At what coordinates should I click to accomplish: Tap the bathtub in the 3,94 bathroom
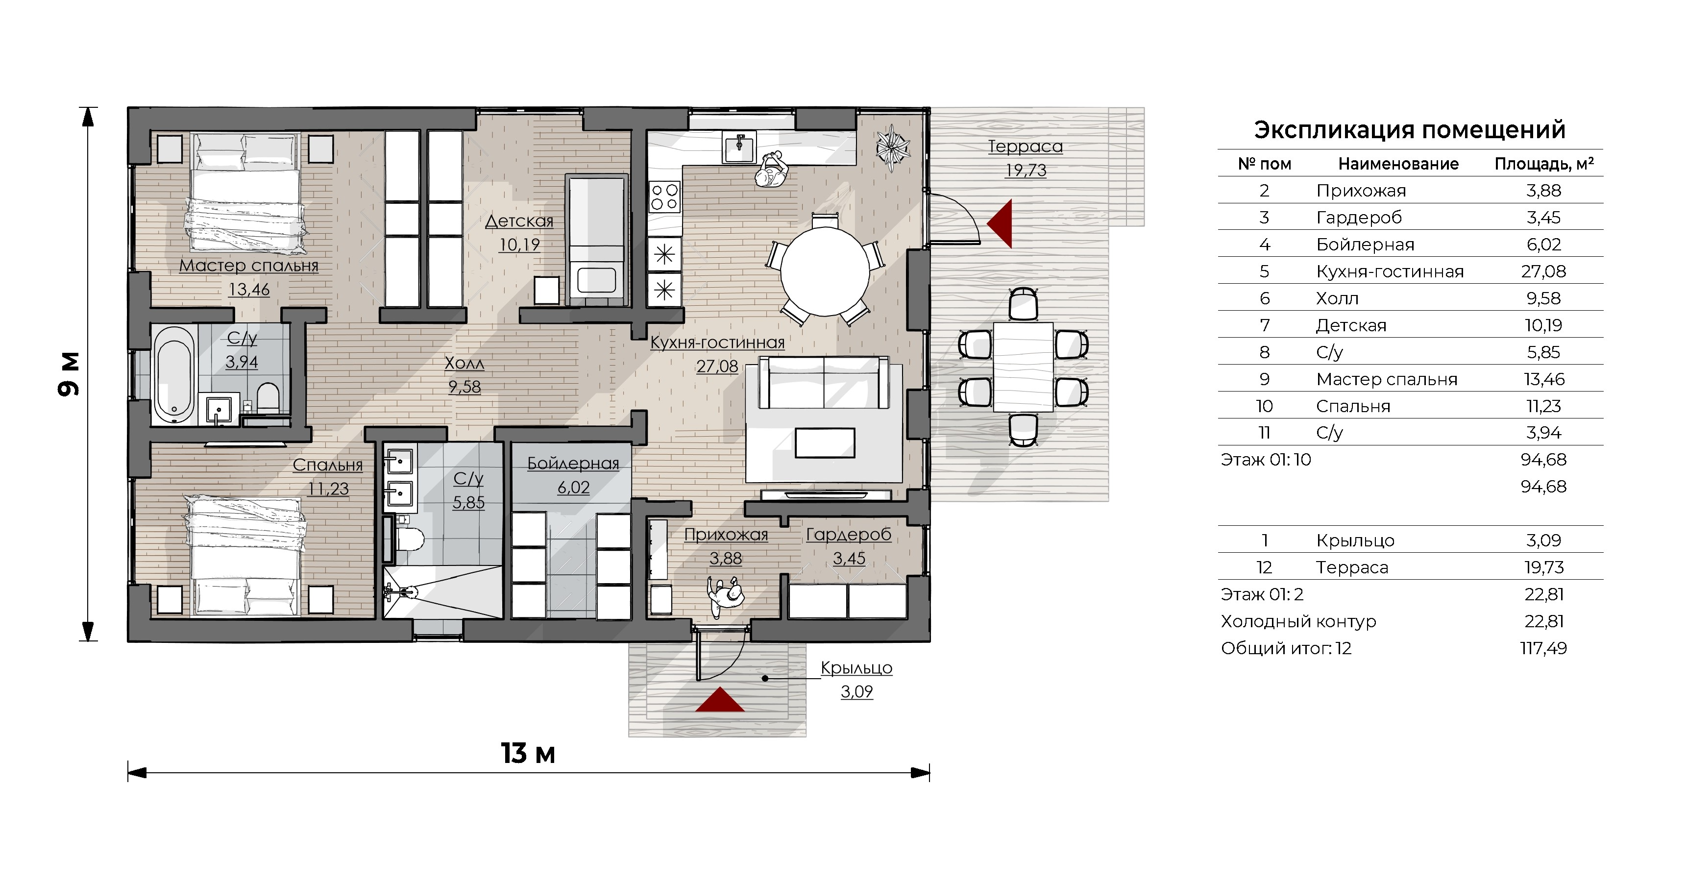click(x=174, y=375)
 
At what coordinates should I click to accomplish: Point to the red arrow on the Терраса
click(x=1000, y=224)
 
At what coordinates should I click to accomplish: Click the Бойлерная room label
click(x=573, y=464)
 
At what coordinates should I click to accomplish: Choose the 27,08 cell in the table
click(x=1543, y=271)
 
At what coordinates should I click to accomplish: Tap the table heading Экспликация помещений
click(x=1409, y=130)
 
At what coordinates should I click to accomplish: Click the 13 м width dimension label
click(x=528, y=754)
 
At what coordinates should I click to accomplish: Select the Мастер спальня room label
click(x=249, y=266)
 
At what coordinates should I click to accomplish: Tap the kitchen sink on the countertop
click(x=739, y=146)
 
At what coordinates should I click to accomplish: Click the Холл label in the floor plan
click(x=465, y=364)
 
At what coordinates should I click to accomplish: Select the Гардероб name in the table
click(x=1359, y=218)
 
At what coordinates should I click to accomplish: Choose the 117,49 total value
click(x=1543, y=648)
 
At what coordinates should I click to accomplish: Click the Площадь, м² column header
click(x=1543, y=164)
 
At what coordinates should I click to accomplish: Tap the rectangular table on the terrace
click(x=1024, y=367)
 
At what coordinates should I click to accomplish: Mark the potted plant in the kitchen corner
click(x=893, y=148)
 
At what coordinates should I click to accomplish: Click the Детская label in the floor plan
click(x=519, y=221)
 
